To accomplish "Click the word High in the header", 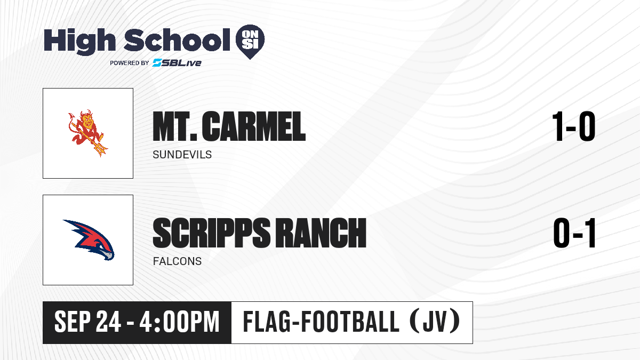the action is pyautogui.click(x=79, y=42).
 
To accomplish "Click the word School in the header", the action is pyautogui.click(x=177, y=39).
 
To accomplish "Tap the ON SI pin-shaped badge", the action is pyautogui.click(x=250, y=42).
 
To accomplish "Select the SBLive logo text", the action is pyautogui.click(x=177, y=63).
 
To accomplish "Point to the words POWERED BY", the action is pyautogui.click(x=130, y=63).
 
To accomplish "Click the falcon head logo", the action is pyautogui.click(x=89, y=240).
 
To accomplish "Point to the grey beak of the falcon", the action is pyautogui.click(x=108, y=255).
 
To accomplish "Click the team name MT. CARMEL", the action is pyautogui.click(x=229, y=126).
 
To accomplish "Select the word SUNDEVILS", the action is pyautogui.click(x=182, y=155).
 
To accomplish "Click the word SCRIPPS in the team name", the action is pyautogui.click(x=211, y=233).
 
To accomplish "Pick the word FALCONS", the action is pyautogui.click(x=177, y=261).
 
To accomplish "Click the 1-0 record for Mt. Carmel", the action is pyautogui.click(x=574, y=126).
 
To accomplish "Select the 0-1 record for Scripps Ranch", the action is pyautogui.click(x=574, y=233).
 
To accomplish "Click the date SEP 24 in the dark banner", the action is pyautogui.click(x=87, y=322).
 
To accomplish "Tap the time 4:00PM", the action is pyautogui.click(x=179, y=322).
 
